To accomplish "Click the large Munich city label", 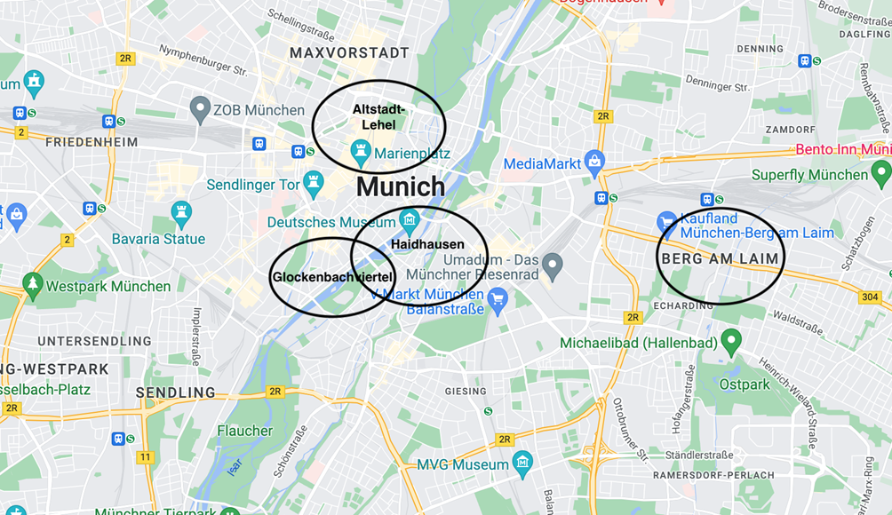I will [x=401, y=187].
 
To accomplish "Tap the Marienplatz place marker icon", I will [x=360, y=154].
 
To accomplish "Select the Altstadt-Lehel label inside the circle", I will [x=378, y=117].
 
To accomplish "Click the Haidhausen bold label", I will [x=427, y=244].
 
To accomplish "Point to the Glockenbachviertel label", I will [x=332, y=277].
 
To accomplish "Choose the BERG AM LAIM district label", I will [x=720, y=258].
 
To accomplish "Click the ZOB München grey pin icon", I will [x=200, y=110].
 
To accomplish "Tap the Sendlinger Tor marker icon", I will [x=313, y=185].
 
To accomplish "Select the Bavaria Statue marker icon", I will [x=181, y=213].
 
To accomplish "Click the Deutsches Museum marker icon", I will [x=410, y=219].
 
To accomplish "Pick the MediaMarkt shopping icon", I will [x=594, y=163].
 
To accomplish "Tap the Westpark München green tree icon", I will [x=33, y=285].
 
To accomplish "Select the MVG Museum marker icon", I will [x=522, y=463].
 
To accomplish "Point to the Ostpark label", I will [x=745, y=384].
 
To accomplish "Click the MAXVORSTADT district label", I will [x=349, y=53].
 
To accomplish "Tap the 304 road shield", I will [x=870, y=297].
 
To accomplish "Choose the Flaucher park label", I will [x=245, y=431].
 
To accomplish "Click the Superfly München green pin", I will [x=880, y=172].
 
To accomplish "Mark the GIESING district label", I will [x=466, y=391].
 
